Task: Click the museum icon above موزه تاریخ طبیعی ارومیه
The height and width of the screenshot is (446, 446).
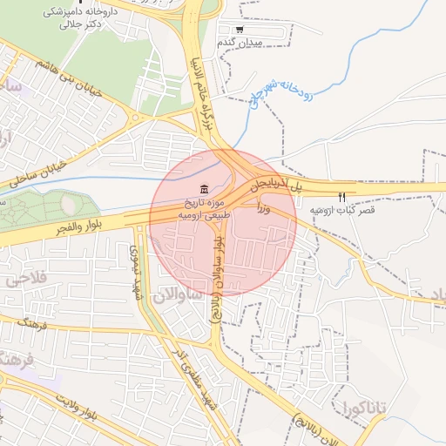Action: coord(204,190)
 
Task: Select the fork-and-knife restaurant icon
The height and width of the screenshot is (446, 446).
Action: coord(342,197)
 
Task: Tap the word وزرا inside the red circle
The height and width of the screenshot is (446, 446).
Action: coord(264,209)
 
